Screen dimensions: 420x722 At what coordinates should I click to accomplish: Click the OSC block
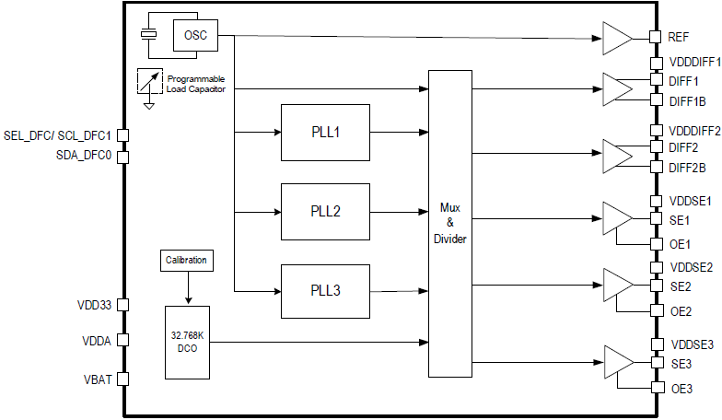195,35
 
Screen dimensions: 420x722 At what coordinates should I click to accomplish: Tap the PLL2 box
325,211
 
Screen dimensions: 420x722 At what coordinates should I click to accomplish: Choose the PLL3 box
325,290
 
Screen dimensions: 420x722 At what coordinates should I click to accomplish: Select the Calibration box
187,261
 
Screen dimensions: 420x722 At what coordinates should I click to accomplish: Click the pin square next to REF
656,37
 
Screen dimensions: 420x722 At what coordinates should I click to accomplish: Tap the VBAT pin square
122,379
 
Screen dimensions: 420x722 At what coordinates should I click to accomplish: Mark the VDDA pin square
122,341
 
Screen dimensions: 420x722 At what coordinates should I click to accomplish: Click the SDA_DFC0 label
84,156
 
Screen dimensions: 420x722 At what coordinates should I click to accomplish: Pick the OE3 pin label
681,389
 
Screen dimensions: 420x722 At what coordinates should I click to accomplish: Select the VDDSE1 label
692,201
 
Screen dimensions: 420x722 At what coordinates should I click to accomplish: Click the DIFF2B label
688,168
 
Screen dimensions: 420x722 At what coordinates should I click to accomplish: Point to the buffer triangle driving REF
615,38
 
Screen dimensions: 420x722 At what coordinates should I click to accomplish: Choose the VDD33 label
93,305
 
